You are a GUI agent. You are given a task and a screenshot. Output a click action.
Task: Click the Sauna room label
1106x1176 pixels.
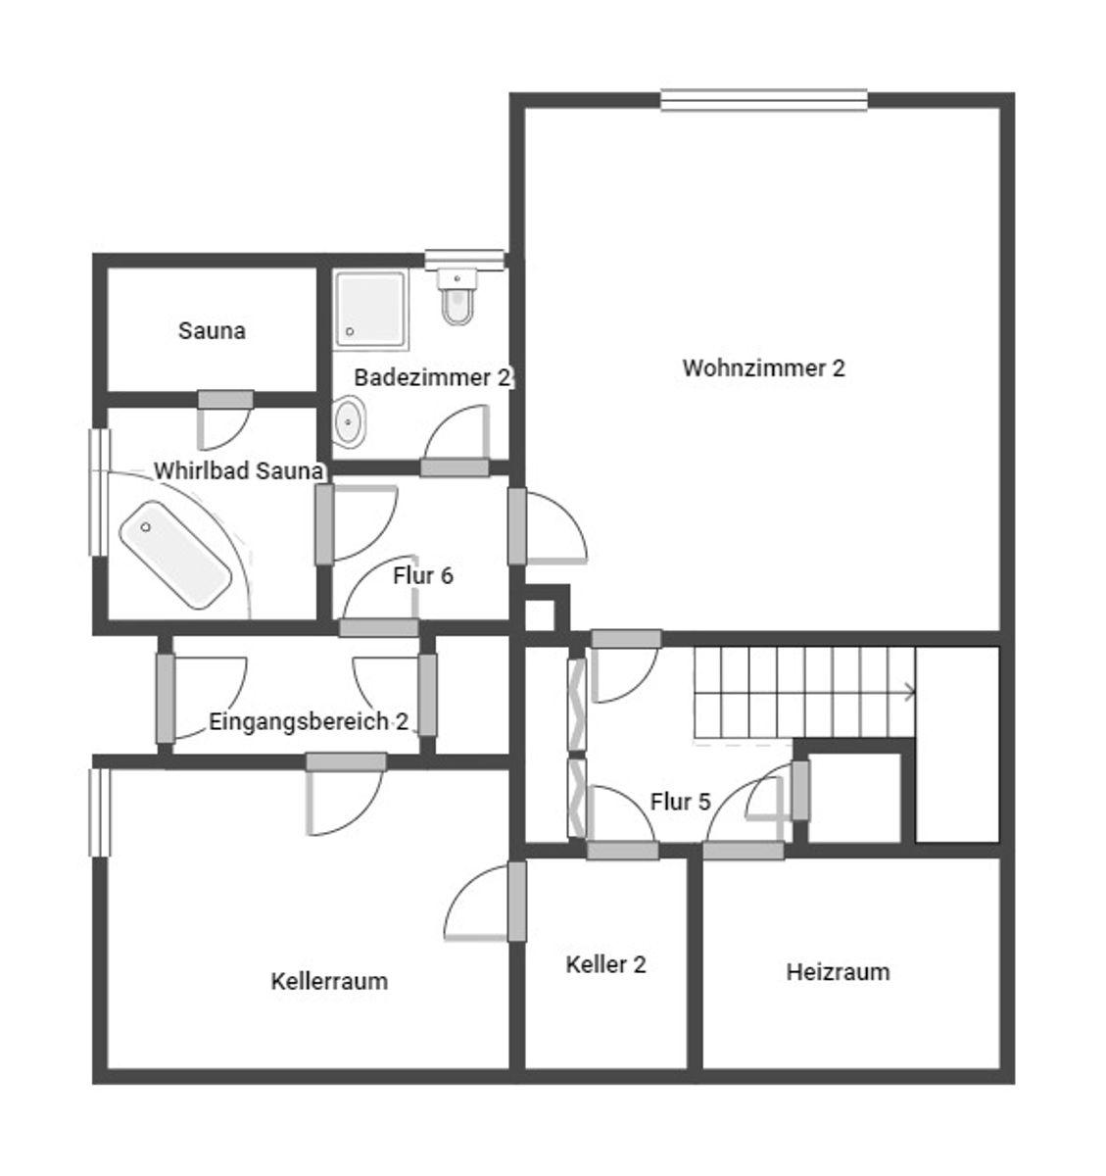click(212, 330)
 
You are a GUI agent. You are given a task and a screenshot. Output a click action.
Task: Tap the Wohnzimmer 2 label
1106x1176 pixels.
click(763, 367)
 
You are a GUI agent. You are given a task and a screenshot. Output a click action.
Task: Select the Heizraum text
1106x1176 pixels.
click(838, 972)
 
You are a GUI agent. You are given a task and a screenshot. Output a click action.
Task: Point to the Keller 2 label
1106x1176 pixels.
click(605, 964)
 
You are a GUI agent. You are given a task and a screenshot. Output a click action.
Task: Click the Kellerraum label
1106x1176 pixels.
click(329, 981)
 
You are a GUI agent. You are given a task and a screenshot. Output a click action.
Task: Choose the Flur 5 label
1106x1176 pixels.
click(680, 802)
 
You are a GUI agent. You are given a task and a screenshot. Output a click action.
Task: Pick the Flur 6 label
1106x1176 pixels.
click(423, 575)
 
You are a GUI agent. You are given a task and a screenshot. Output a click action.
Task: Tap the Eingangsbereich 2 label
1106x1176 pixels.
click(309, 722)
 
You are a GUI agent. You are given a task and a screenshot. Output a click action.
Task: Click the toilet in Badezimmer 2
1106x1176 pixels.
click(457, 296)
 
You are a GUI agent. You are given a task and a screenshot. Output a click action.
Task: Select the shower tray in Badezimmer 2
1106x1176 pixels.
click(370, 310)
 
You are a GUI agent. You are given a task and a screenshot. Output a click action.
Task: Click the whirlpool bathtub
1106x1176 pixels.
click(175, 555)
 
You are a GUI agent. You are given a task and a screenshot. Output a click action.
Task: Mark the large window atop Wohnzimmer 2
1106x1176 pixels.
click(764, 100)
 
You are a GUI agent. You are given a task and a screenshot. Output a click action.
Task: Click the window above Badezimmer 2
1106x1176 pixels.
click(464, 260)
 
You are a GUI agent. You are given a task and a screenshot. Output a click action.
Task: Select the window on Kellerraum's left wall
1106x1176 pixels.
click(100, 812)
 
